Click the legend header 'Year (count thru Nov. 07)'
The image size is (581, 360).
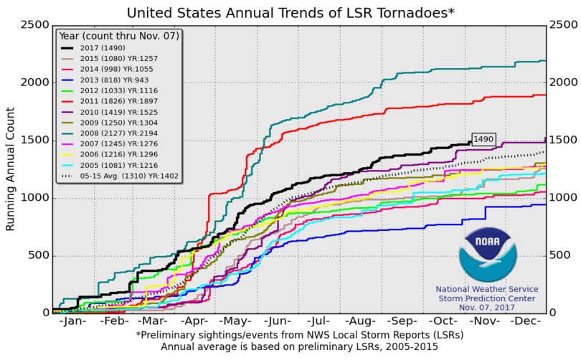118,34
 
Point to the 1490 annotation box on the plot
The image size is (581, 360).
483,139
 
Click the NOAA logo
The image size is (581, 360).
487,255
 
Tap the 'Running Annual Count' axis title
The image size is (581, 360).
11,169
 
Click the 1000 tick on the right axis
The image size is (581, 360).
562,198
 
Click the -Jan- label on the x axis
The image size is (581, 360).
72,322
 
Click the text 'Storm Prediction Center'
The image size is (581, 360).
487,298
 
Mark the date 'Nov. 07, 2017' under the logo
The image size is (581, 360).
487,307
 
